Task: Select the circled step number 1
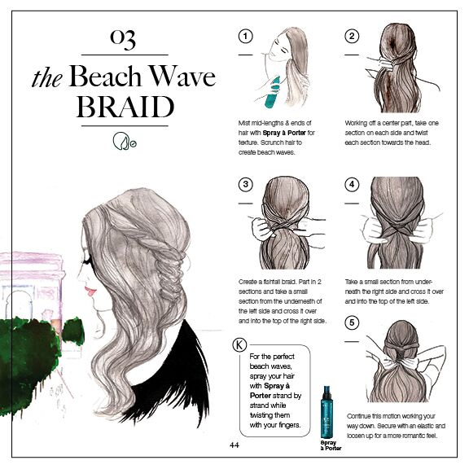[245, 36]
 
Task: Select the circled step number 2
[352, 36]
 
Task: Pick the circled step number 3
[245, 184]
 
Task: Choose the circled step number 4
[352, 184]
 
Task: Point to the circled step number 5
[352, 322]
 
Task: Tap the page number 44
[234, 445]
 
